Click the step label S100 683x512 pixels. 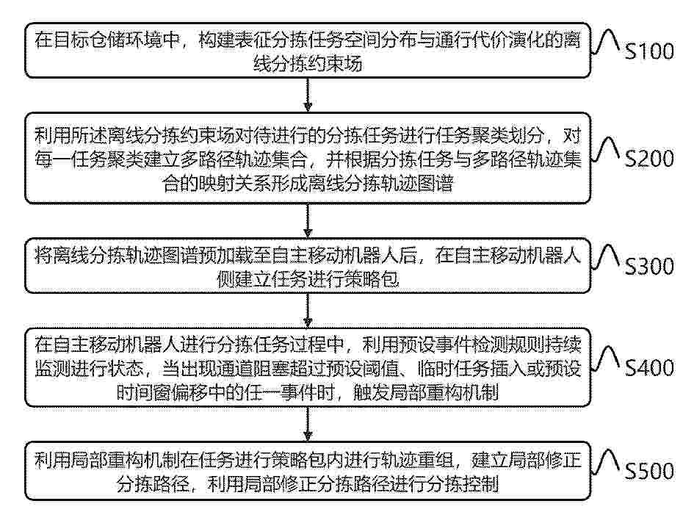tap(649, 51)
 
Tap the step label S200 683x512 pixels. tap(649, 159)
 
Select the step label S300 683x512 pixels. tap(649, 266)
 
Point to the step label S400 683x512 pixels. tap(649, 368)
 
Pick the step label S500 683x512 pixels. tap(649, 471)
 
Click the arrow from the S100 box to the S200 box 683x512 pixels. tap(308, 95)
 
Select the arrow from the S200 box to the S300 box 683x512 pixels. tap(308, 220)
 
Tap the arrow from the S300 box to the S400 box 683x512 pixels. tap(308, 310)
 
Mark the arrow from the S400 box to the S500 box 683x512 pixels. tap(308, 424)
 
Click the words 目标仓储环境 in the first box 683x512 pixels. tap(117, 40)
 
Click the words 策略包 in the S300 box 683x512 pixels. tap(372, 278)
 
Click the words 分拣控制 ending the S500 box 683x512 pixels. tap(462, 483)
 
